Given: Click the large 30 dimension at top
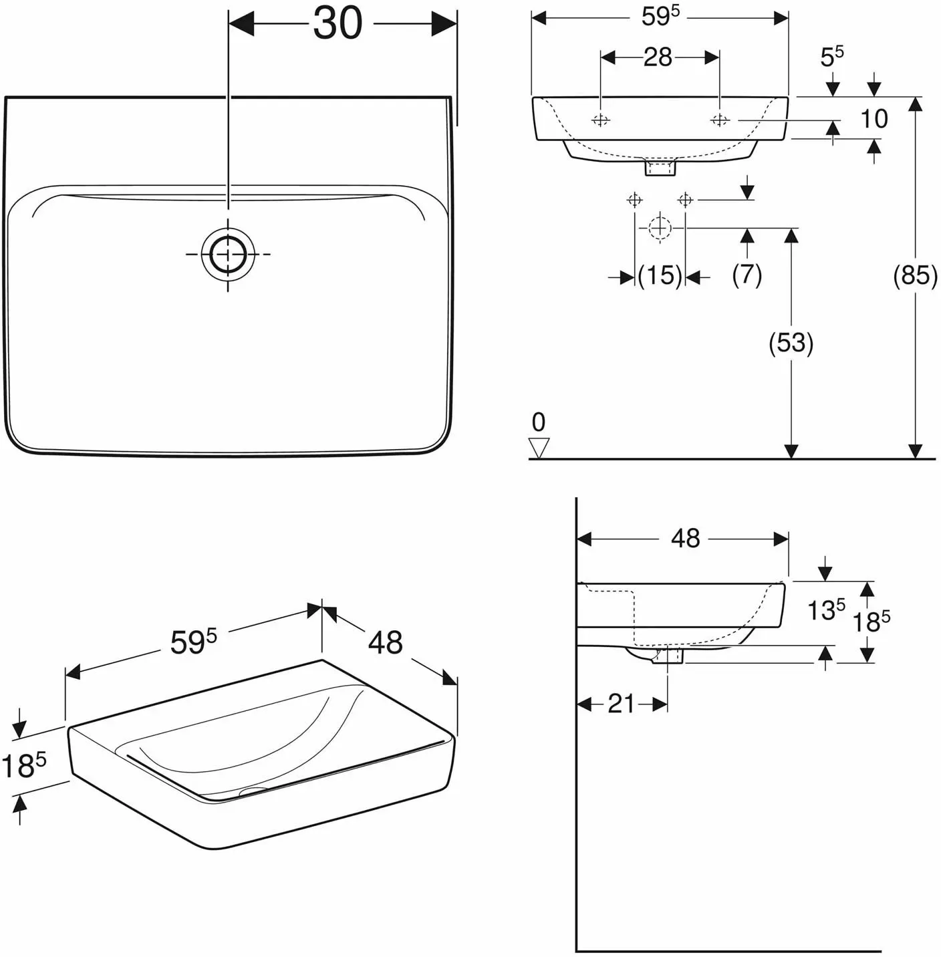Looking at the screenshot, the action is pos(338,24).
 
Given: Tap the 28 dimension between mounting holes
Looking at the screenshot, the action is pos(658,57).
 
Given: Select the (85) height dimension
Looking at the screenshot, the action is pos(915,275).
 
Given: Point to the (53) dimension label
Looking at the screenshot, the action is pos(791,343).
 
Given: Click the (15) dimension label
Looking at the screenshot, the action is pos(660,275).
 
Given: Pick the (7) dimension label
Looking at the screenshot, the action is pos(747,275).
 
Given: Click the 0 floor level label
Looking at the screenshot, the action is pos(539,422).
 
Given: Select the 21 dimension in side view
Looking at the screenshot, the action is pos(621,704).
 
